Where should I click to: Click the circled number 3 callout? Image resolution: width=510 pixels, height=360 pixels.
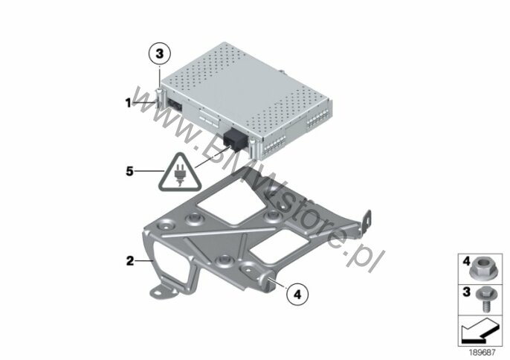coord(159,54)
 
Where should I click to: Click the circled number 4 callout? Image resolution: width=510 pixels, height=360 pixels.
coord(297,295)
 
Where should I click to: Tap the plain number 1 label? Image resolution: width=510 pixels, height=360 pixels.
coord(129,103)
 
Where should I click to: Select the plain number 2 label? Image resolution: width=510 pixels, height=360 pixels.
coord(130,261)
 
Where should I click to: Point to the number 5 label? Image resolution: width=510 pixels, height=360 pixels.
coord(130,171)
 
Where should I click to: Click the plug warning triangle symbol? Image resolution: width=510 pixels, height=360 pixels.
coord(180,172)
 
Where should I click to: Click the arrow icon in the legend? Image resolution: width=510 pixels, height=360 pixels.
coord(480,332)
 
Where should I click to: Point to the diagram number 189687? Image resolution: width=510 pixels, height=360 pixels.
coord(482,352)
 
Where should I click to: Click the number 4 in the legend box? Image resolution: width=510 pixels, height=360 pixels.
coord(467,261)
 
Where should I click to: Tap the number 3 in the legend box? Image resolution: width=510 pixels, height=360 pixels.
coord(467,292)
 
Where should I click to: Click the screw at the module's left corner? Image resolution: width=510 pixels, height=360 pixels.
coord(159,98)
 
